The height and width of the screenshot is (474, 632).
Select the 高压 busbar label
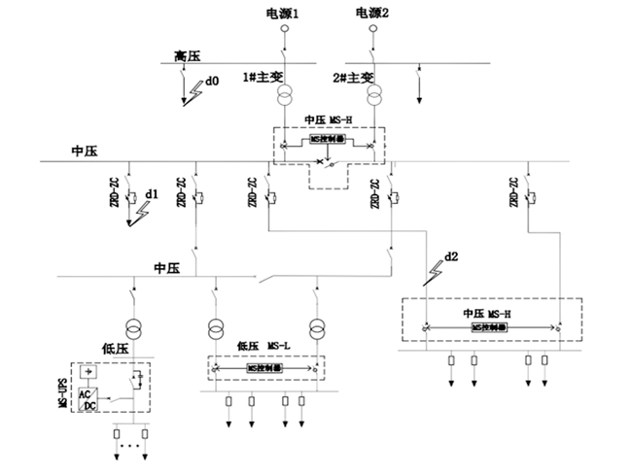point(188,57)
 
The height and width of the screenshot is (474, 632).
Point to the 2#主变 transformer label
point(353,77)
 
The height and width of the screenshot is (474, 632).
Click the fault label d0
point(211,81)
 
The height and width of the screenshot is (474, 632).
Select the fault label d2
point(449,257)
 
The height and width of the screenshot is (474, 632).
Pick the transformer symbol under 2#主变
point(375,97)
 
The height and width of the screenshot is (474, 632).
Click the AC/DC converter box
point(88,398)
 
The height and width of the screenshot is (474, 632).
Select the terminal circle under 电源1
point(286,29)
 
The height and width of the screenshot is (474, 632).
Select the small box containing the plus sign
point(89,372)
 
